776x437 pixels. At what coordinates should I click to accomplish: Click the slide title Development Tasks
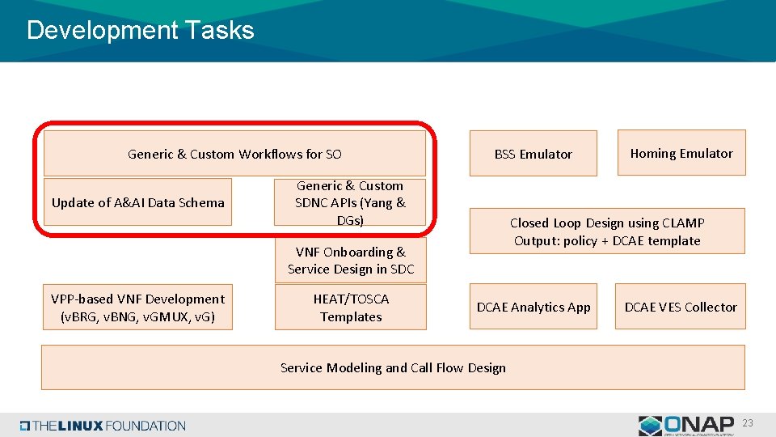click(140, 31)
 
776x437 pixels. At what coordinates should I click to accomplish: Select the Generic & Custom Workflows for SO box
click(234, 154)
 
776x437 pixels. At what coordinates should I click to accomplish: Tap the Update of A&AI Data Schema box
click(137, 202)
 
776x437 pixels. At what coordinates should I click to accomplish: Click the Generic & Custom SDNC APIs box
click(350, 203)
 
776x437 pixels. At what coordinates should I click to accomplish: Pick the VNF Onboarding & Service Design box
click(350, 261)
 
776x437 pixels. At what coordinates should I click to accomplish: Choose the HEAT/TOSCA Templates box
click(350, 308)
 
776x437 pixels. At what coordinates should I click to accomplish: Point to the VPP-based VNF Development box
click(137, 308)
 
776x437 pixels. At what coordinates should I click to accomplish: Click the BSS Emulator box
click(533, 154)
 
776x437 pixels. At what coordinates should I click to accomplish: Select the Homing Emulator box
click(681, 153)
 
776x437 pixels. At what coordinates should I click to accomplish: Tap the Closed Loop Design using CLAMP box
click(606, 231)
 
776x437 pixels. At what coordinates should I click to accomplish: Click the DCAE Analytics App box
click(533, 307)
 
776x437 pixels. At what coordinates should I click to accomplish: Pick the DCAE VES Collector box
click(680, 307)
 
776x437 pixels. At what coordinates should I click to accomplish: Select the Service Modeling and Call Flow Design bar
click(393, 367)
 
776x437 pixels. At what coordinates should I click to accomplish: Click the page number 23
click(748, 423)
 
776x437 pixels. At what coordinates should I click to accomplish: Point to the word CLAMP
click(683, 223)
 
